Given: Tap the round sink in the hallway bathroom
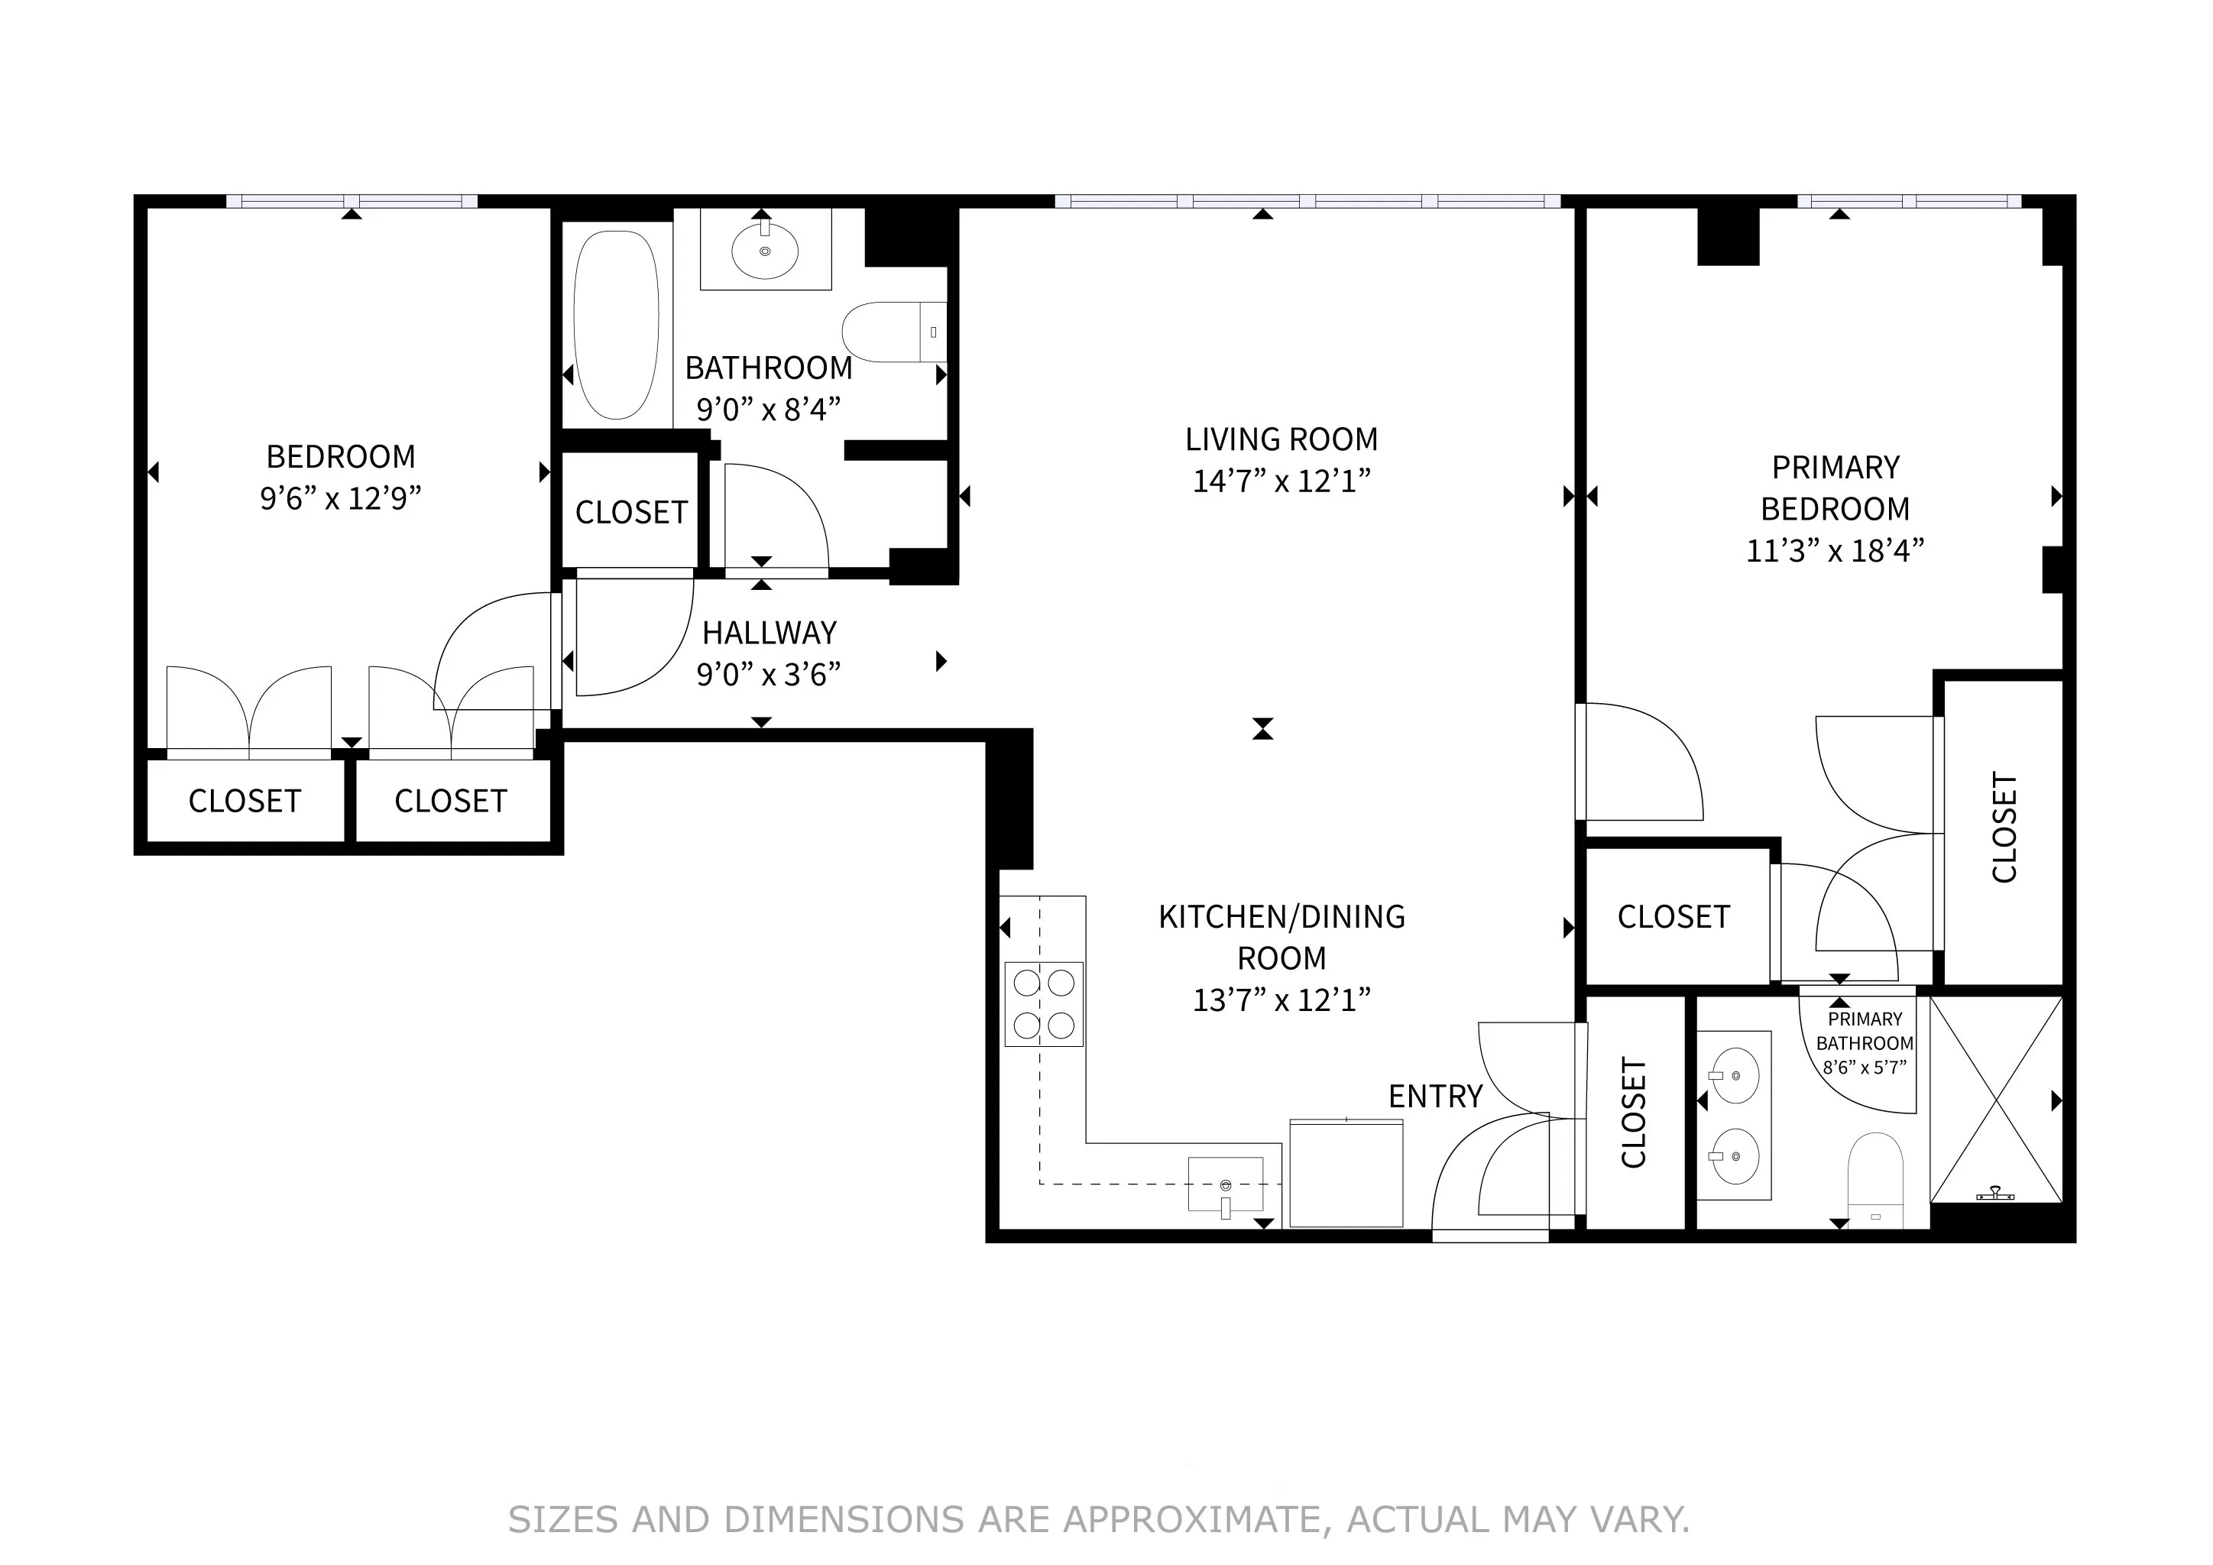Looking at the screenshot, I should pos(764,251).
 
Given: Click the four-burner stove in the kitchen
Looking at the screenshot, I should pos(1044,1003).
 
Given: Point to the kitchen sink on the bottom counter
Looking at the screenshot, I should pos(1225,1184).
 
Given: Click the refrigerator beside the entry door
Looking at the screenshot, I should pos(1346,1173).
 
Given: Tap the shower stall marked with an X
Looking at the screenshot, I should pos(1996,1100).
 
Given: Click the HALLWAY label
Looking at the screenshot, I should pos(770,633).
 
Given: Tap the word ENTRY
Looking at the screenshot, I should pos(1434,1097).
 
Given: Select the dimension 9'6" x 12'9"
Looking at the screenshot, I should pos(340,498).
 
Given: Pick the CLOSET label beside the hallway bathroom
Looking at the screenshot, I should pos(631,512).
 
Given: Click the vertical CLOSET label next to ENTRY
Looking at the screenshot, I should pos(1634,1113).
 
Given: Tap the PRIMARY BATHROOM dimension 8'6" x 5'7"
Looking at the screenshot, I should pos(1864,1068).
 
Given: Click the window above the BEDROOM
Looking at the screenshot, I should pos(352,202).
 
